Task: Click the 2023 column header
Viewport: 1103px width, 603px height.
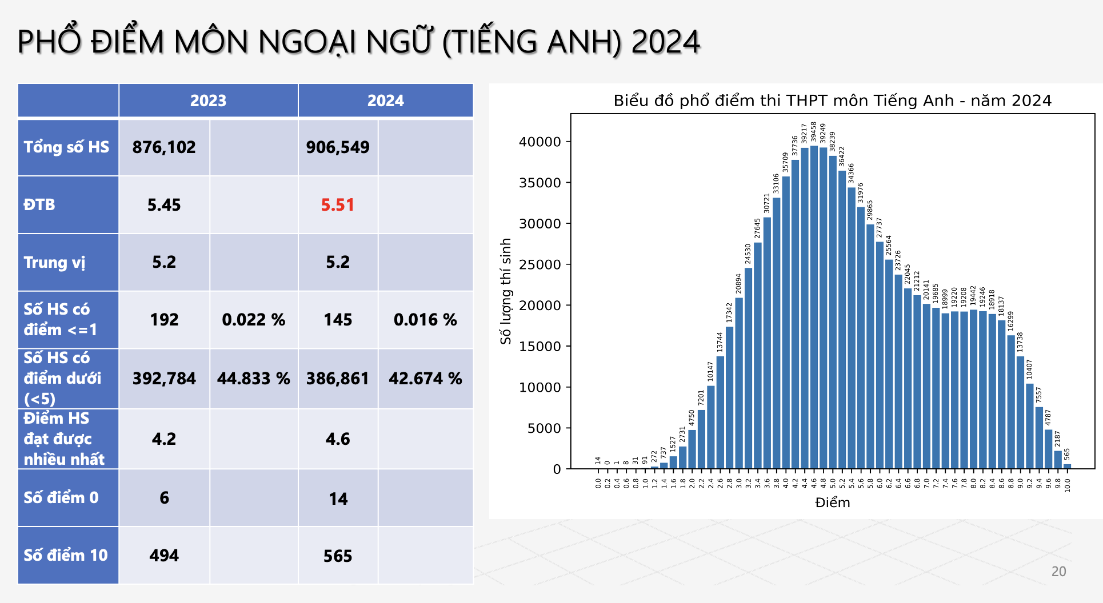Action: pyautogui.click(x=208, y=100)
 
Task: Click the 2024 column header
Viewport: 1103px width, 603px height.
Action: pyautogui.click(x=385, y=100)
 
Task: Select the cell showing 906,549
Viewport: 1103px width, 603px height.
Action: pyautogui.click(x=338, y=147)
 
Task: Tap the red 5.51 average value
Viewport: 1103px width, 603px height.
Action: pyautogui.click(x=338, y=205)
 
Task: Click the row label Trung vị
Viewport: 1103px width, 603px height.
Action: pyautogui.click(x=55, y=263)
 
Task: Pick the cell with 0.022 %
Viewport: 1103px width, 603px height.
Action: pyautogui.click(x=254, y=320)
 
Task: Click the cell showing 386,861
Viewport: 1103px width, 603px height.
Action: pyautogui.click(x=338, y=379)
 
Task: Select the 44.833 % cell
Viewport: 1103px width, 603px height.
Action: pyautogui.click(x=254, y=379)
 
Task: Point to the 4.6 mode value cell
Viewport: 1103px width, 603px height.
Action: pyautogui.click(x=338, y=439)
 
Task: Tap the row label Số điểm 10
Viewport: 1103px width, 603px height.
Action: pyautogui.click(x=66, y=555)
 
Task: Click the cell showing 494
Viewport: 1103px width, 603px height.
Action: pyautogui.click(x=164, y=555)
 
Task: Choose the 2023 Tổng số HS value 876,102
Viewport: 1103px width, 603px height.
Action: pyautogui.click(x=164, y=147)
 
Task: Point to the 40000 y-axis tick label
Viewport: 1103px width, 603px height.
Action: pyautogui.click(x=540, y=142)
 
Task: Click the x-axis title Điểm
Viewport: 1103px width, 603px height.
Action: pyautogui.click(x=832, y=502)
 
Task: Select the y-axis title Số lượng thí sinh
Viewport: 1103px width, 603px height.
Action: pyautogui.click(x=506, y=291)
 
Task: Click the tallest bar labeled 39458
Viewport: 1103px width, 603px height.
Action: pyautogui.click(x=814, y=308)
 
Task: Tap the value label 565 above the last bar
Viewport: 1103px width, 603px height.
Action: pyautogui.click(x=1067, y=455)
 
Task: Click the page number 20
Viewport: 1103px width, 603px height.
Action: pyautogui.click(x=1058, y=572)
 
